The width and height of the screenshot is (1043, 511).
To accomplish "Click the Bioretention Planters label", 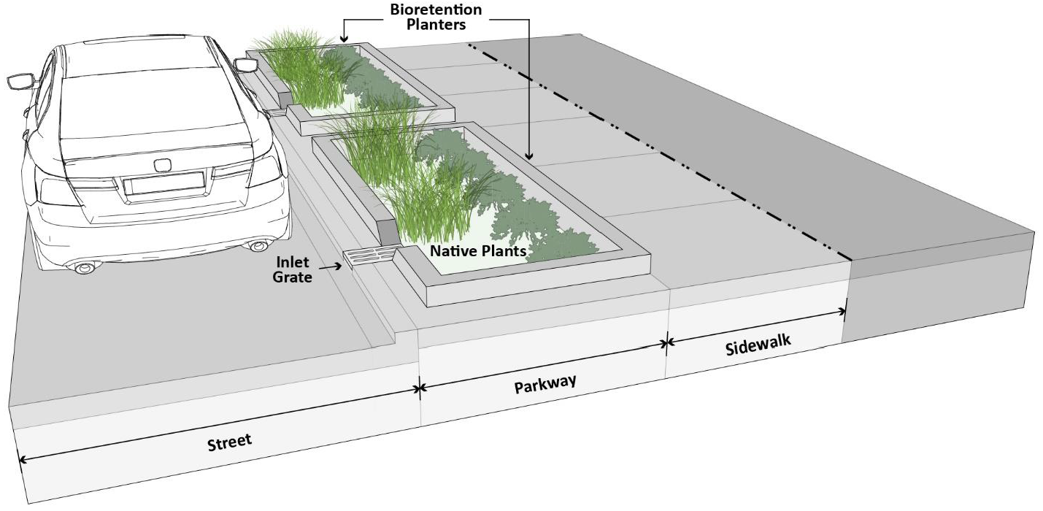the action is pos(436,17).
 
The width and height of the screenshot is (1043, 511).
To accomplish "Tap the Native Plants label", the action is pos(478,251).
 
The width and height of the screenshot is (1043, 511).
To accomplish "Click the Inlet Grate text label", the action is pos(293,269).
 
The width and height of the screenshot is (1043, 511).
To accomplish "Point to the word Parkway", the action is pos(545,383).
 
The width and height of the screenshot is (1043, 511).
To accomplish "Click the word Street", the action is pos(229,442).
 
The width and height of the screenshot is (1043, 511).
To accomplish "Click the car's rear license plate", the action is pos(164,182).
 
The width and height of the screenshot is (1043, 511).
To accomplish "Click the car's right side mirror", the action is pos(245,65).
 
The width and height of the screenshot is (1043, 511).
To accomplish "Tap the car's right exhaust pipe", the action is pos(259,245).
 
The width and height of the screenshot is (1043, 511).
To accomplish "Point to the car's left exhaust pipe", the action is pos(84,267).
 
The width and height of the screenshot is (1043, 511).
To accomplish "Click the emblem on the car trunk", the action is pos(161,166).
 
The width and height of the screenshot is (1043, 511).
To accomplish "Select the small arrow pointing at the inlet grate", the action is pos(329,266).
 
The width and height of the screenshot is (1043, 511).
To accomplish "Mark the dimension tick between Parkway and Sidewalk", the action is pos(667,343).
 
